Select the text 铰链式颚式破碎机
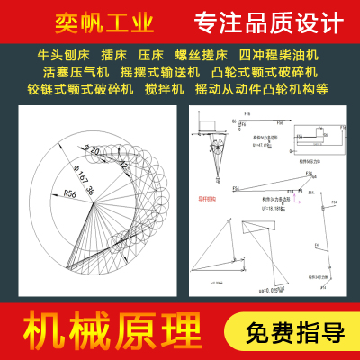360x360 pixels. (x=79, y=91)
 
